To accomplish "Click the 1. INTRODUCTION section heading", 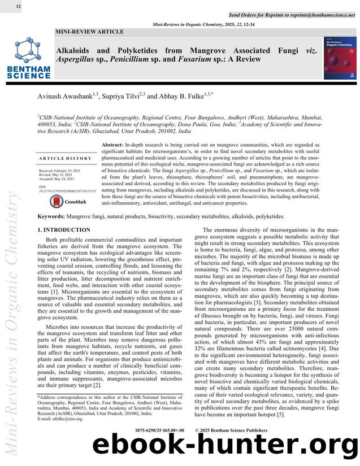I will tap(63, 230).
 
